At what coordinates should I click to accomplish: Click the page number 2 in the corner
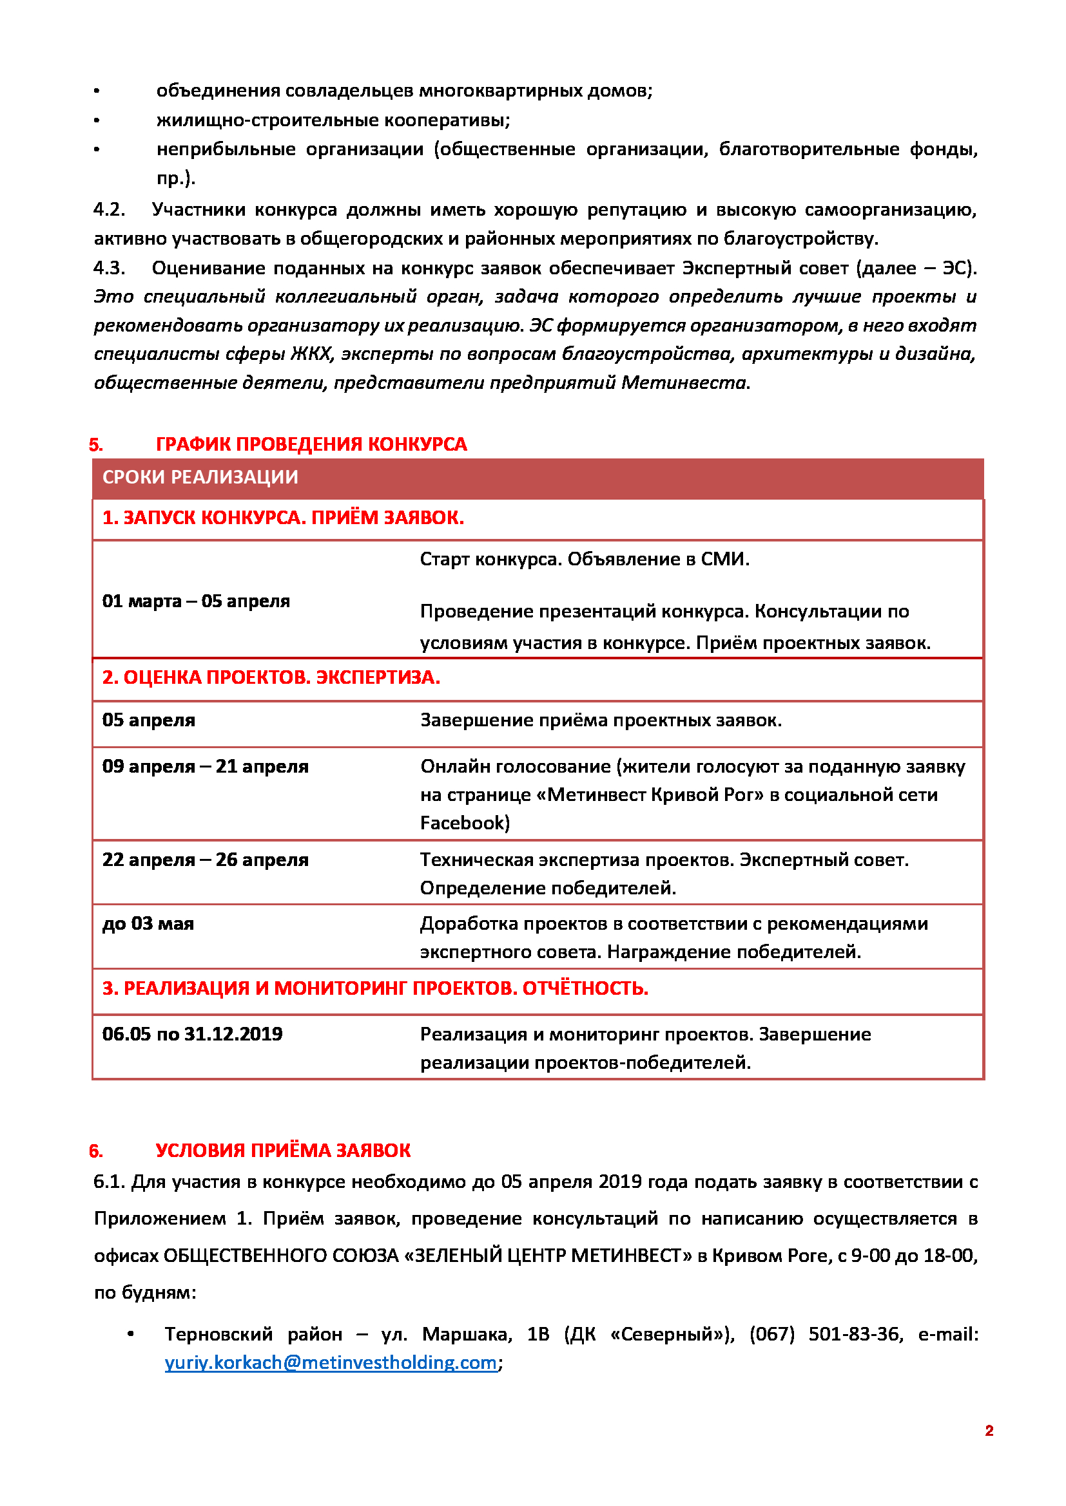989,1431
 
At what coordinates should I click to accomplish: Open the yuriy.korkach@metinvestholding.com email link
330,1362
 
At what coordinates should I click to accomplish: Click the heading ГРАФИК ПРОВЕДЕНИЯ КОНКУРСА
311,444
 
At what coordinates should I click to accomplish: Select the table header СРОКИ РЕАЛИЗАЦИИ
200,477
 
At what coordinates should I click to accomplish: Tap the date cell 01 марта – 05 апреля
196,601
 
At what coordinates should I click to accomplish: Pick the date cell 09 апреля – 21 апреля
205,766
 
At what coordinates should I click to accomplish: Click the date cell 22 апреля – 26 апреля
205,860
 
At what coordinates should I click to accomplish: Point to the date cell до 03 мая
148,923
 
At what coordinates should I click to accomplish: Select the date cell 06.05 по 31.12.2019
191,1034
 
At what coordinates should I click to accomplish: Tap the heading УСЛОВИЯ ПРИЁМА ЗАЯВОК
283,1150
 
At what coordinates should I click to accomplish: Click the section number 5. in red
96,445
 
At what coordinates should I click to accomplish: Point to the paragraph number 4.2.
109,210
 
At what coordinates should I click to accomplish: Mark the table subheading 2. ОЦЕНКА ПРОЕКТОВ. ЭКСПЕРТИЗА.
271,677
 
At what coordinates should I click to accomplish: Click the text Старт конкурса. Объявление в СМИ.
584,559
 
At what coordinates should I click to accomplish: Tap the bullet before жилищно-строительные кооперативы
97,120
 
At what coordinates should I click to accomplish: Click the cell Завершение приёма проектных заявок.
601,720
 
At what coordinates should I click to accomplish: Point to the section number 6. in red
96,1151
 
